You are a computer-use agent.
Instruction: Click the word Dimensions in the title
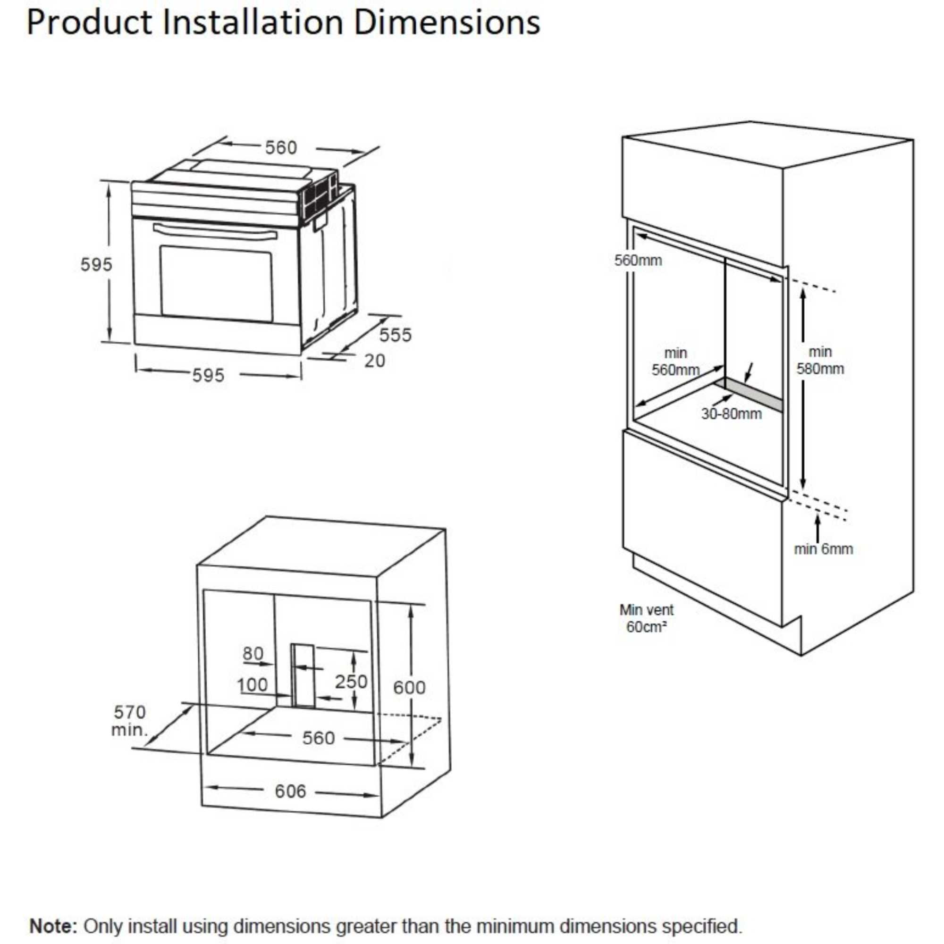447,23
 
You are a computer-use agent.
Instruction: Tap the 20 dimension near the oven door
375,361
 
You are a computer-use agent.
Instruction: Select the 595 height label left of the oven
96,265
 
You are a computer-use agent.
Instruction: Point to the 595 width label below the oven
208,376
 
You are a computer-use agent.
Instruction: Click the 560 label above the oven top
281,148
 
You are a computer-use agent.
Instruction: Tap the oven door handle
215,232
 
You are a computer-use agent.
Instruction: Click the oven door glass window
217,284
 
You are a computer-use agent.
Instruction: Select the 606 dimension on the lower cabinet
290,792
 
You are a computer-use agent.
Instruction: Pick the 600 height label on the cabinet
409,688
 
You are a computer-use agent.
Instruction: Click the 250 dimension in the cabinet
351,682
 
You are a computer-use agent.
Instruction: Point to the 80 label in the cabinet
253,653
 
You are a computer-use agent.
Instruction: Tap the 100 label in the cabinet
253,685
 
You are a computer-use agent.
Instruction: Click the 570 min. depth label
129,721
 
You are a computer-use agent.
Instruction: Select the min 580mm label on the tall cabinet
820,360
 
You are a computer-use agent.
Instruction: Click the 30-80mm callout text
732,414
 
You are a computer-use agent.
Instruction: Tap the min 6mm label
823,549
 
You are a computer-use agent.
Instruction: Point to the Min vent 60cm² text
647,618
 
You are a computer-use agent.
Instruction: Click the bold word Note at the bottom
53,912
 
